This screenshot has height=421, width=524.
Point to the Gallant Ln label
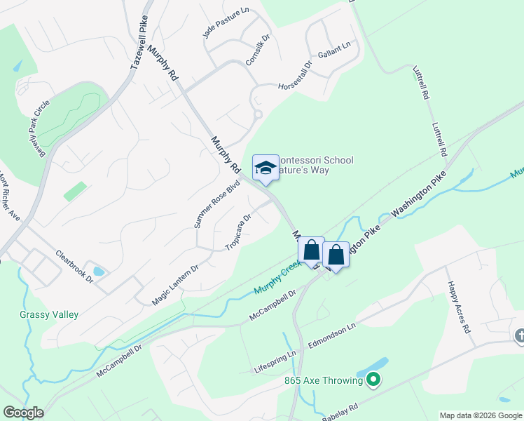333,48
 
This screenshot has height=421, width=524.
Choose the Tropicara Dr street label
237,232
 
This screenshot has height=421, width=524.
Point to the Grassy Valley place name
49,315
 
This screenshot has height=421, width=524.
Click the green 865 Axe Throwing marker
373,381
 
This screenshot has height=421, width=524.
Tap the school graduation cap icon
266,168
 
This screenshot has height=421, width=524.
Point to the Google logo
23,413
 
